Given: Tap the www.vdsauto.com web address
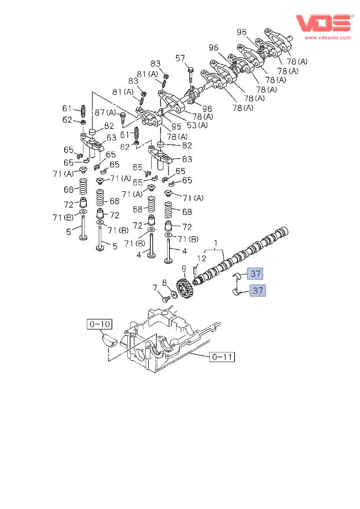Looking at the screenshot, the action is pos(328,37).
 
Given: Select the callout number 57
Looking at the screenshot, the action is pos(180,58).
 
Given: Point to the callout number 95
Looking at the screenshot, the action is pos(176,127).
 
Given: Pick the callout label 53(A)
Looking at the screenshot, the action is pos(197,125).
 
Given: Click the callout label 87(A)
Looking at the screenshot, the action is pos(105,112).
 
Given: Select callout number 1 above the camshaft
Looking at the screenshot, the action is pos(215,242).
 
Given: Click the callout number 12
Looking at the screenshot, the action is pos(201,258).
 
